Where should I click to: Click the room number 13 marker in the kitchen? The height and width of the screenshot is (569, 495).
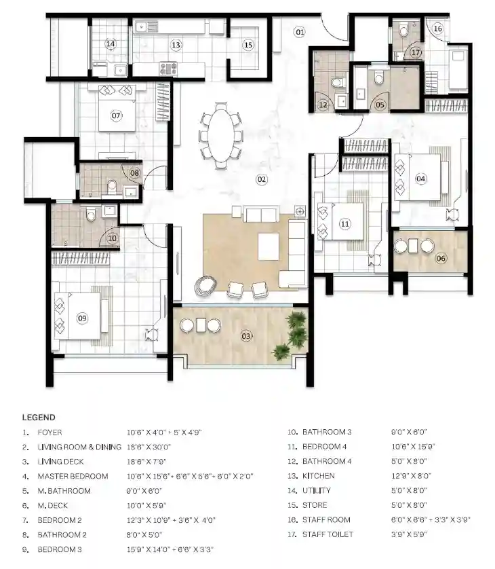[176, 45]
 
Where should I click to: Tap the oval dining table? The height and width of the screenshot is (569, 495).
[220, 135]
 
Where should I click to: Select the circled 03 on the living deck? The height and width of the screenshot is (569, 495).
[246, 336]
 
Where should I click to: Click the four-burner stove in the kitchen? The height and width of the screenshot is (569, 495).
[168, 69]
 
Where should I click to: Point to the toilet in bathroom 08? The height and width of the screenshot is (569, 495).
[113, 186]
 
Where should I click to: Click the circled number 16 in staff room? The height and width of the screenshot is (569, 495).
[438, 29]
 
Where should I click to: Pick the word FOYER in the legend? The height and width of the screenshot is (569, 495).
[49, 433]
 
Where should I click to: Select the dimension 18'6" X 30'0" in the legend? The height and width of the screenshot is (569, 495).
[148, 447]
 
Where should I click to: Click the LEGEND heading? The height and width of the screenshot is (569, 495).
[39, 418]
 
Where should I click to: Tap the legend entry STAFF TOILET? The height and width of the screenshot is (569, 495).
[328, 534]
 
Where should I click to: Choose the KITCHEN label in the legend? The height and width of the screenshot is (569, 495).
[319, 476]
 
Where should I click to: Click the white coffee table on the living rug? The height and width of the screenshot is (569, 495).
[269, 246]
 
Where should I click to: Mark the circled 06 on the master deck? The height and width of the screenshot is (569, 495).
[441, 259]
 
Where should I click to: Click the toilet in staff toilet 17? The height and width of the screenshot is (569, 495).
[403, 31]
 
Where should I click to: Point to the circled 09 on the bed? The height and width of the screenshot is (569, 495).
[82, 318]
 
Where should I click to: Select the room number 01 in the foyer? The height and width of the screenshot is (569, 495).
[300, 32]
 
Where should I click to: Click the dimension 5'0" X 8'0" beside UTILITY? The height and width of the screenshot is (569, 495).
[409, 491]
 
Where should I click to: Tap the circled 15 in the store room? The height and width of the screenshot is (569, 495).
[248, 45]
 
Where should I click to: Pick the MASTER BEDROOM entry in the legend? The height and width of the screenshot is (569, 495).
[73, 477]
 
